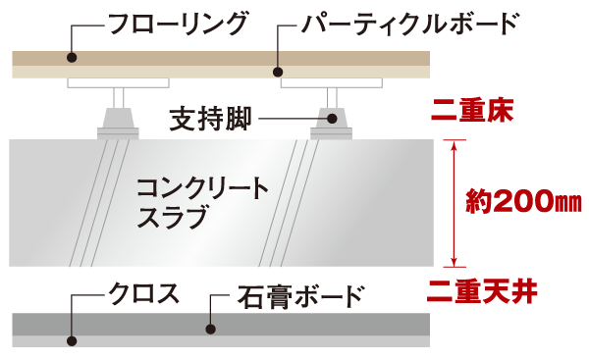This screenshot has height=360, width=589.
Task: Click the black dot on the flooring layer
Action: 71,58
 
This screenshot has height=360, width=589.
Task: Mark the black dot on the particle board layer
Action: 278,71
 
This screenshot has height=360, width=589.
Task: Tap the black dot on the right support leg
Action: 332,120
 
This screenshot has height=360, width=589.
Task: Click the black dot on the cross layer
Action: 71,341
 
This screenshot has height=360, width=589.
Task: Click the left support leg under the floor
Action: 118,116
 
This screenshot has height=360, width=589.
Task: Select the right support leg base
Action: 332,130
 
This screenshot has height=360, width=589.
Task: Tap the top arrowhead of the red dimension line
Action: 453,144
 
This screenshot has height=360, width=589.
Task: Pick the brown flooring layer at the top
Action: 221,58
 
